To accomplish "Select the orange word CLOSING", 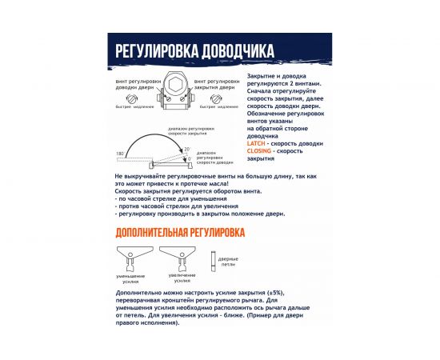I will pyautogui.click(x=261, y=150).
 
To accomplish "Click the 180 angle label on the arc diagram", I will pyautogui.click(x=120, y=152).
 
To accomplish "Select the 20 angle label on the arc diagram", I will pyautogui.click(x=186, y=149).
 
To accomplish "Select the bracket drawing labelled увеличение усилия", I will pyautogui.click(x=177, y=258).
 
